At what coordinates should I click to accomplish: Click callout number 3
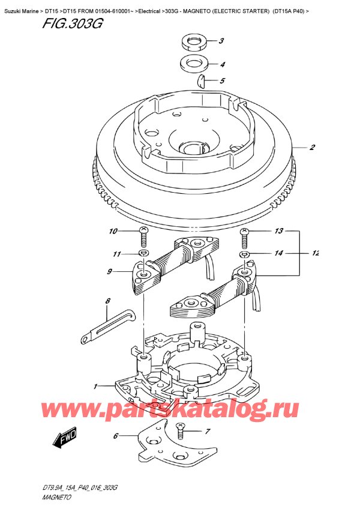pyautogui.click(x=221, y=41)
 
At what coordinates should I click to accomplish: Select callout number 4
pyautogui.click(x=222, y=65)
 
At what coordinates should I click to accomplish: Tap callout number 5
pyautogui.click(x=222, y=80)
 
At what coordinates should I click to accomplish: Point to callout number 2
pyautogui.click(x=312, y=148)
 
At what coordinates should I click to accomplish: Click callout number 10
pyautogui.click(x=113, y=231)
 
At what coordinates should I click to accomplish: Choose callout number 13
pyautogui.click(x=279, y=231)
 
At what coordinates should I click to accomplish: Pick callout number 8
pyautogui.click(x=108, y=301)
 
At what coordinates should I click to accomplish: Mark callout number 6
pyautogui.click(x=116, y=436)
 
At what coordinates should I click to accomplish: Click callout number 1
pyautogui.click(x=95, y=387)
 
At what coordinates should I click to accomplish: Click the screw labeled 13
pyautogui.click(x=244, y=237)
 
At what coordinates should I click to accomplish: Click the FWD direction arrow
pyautogui.click(x=64, y=438)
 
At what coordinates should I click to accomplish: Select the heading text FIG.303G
pyautogui.click(x=73, y=23)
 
